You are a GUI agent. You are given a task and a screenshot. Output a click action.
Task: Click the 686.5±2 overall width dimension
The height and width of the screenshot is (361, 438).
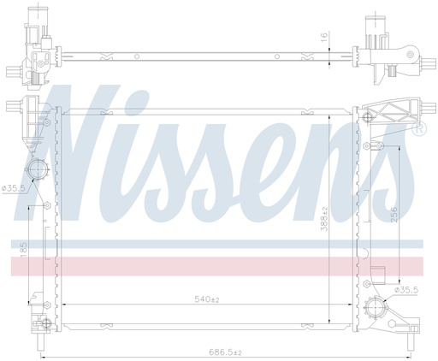tap(226, 352)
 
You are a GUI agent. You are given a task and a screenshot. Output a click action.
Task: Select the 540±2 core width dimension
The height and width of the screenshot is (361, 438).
tap(207, 299)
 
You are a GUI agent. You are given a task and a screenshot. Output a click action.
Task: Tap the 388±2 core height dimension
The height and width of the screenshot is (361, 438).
tap(324, 219)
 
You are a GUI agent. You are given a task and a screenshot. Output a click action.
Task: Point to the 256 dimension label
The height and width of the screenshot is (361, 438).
tap(394, 216)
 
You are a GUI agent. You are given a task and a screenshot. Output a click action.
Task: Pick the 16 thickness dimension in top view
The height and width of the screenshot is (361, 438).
tap(324, 37)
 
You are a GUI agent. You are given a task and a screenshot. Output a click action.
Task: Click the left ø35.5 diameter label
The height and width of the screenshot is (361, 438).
tap(14, 188)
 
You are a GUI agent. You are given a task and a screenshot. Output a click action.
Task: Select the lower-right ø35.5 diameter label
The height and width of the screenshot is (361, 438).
tap(406, 290)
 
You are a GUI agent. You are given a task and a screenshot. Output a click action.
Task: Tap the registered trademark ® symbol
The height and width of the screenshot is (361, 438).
tap(419, 128)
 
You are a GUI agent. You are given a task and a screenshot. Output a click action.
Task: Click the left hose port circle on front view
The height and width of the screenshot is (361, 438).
tap(37, 169)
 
